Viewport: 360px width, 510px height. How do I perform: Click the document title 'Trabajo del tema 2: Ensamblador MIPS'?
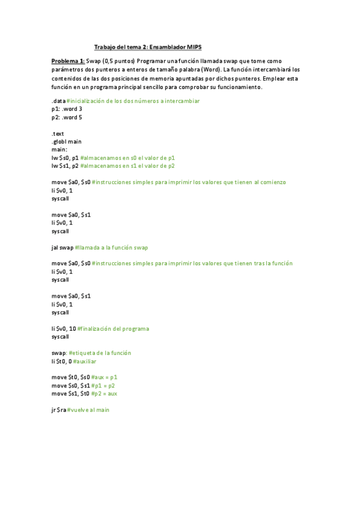[x=152, y=47]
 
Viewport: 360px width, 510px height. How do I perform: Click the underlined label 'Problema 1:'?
[x=68, y=61]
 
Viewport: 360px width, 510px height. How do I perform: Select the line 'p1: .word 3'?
[x=67, y=109]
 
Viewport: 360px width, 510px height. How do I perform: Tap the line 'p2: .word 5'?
[x=67, y=117]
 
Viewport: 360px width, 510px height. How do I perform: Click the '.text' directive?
[x=58, y=134]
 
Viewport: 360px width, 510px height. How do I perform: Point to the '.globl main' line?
[x=66, y=141]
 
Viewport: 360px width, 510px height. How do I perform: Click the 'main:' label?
[x=59, y=149]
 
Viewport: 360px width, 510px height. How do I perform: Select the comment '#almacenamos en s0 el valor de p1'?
[x=127, y=158]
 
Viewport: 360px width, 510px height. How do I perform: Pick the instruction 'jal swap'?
[x=63, y=247]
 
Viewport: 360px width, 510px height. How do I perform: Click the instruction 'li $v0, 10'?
[x=64, y=329]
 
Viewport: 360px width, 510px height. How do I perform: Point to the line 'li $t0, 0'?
[x=61, y=361]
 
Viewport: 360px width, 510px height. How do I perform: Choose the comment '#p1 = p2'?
[x=103, y=386]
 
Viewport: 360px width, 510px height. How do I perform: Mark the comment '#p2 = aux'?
[x=105, y=394]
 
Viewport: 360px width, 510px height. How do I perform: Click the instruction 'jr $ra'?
[x=58, y=410]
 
